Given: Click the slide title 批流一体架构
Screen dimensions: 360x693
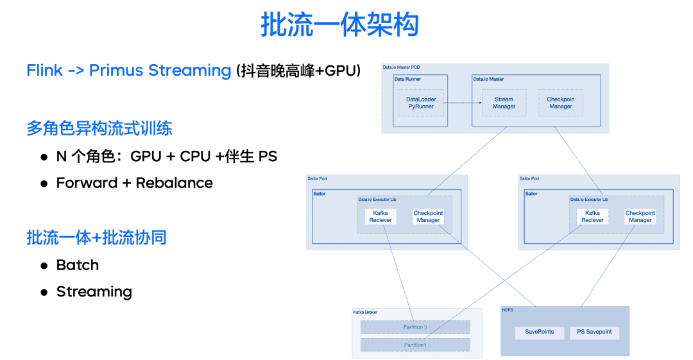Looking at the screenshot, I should pyautogui.click(x=339, y=25).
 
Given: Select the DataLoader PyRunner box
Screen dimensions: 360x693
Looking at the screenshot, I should pyautogui.click(x=420, y=103).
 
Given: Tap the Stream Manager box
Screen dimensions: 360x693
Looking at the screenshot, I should pyautogui.click(x=504, y=103).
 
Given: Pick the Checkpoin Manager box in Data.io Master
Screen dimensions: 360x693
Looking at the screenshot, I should pyautogui.click(x=560, y=103).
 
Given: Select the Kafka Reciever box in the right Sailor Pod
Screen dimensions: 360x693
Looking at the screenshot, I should pyautogui.click(x=592, y=217).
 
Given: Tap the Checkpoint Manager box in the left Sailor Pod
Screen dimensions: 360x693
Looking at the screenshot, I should pyautogui.click(x=428, y=217).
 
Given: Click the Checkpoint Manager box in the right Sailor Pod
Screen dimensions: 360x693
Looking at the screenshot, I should pyautogui.click(x=640, y=217).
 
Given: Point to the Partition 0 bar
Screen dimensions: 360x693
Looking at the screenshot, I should pyautogui.click(x=415, y=327).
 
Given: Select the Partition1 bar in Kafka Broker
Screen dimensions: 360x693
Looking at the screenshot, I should pyautogui.click(x=415, y=345).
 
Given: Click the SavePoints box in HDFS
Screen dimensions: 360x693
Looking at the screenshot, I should pyautogui.click(x=539, y=332).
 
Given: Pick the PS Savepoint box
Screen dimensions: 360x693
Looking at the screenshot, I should pyautogui.click(x=594, y=332).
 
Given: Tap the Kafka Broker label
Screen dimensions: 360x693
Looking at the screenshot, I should pyautogui.click(x=365, y=313).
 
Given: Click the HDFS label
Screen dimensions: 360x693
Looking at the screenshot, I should pyautogui.click(x=508, y=310).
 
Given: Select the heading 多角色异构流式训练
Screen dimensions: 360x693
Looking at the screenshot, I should pyautogui.click(x=99, y=128).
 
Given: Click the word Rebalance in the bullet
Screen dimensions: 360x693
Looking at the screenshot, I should pyautogui.click(x=174, y=183).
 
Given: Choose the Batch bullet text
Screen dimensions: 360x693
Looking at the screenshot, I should pyautogui.click(x=78, y=265).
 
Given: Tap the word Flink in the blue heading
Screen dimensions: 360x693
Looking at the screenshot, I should pyautogui.click(x=44, y=70).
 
